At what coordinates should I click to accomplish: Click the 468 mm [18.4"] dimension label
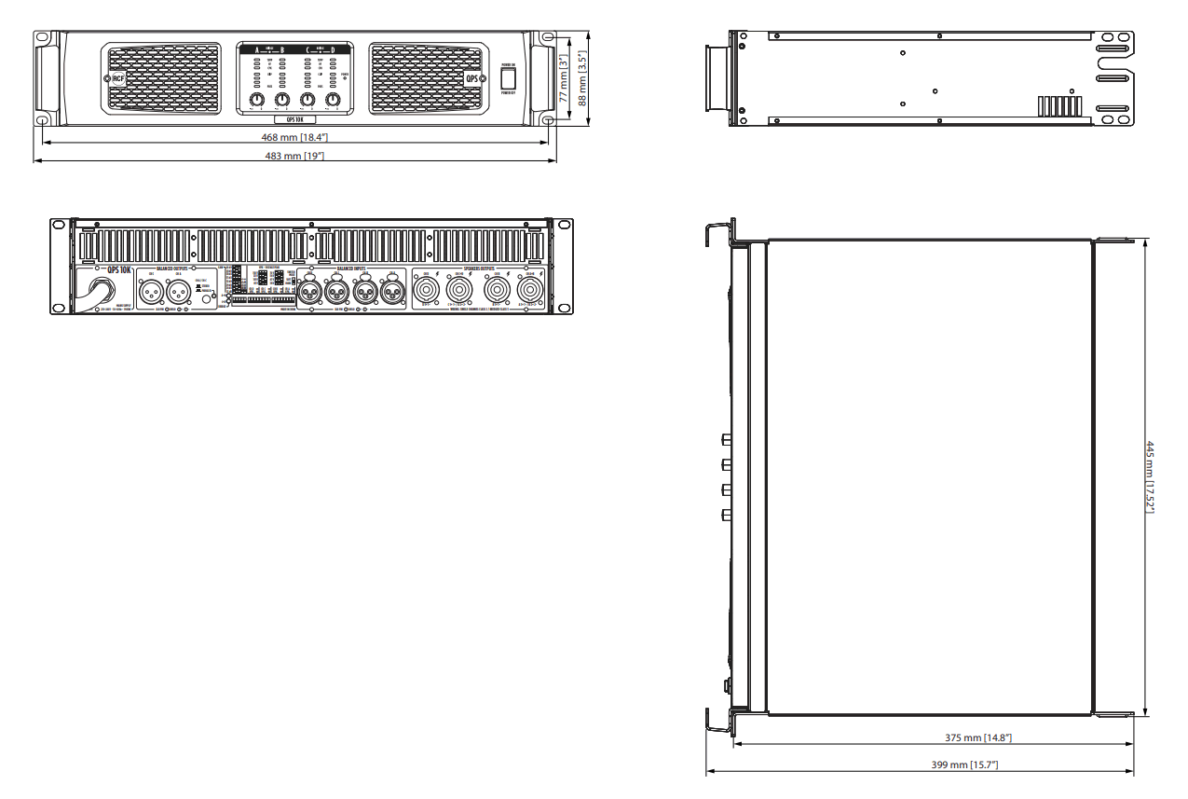(294, 138)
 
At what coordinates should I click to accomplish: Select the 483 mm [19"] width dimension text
(294, 156)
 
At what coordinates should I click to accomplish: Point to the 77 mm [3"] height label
(564, 77)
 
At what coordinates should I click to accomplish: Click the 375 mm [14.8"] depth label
(978, 737)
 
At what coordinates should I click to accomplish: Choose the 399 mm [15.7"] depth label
(965, 765)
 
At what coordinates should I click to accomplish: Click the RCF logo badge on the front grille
(117, 79)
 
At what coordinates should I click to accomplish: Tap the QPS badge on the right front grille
(471, 79)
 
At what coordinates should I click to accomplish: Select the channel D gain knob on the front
(333, 100)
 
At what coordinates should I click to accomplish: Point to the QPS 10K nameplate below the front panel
(294, 119)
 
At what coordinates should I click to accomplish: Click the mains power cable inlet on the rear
(101, 289)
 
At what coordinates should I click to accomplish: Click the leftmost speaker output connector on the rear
(427, 290)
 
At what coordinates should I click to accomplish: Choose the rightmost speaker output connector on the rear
(529, 290)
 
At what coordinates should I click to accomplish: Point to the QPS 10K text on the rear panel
(119, 269)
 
